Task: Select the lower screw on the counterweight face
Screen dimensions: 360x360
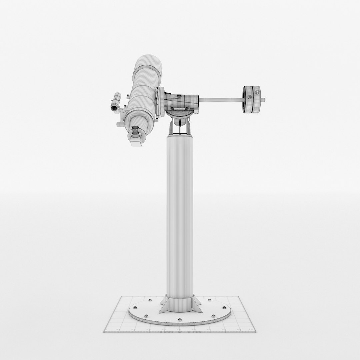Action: pos(249,97)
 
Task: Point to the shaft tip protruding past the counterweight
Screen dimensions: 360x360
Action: pos(264,99)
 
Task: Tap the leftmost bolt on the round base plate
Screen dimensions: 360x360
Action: pos(135,307)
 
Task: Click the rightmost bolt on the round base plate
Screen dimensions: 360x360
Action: pos(223,307)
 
